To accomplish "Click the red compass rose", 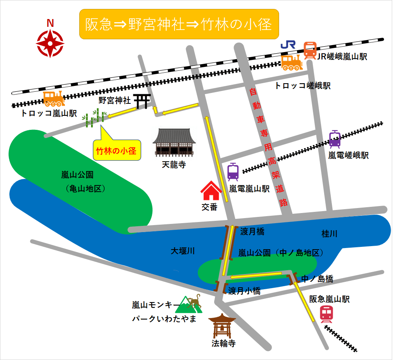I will tap(50, 44).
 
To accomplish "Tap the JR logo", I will tap(288, 45).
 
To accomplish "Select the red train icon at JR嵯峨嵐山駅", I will tap(310, 50).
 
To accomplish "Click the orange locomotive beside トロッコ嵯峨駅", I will tap(292, 62).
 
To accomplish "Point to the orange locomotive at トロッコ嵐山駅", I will tap(54, 99).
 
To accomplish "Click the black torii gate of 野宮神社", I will tap(143, 101).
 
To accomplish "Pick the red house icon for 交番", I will tap(211, 190).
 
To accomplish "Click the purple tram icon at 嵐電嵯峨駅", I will tap(335, 139).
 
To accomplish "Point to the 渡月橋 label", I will tap(252, 232).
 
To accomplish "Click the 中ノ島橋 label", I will tap(318, 279).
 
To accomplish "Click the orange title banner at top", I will tap(179, 24).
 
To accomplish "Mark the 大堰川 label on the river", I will tap(183, 251).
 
